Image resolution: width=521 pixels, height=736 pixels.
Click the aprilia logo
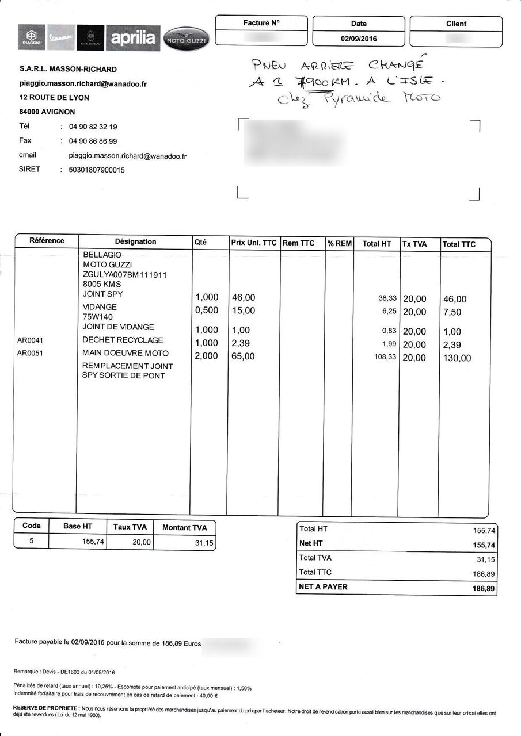coord(133,38)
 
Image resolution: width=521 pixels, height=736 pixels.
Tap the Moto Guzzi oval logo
coord(187,39)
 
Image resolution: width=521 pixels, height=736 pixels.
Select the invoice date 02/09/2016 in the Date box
coord(358,39)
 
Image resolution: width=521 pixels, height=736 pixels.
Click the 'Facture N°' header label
coord(261,23)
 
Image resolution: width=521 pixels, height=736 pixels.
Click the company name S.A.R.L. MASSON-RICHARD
coord(68,69)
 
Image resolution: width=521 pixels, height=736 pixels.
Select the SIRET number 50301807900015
coord(97,170)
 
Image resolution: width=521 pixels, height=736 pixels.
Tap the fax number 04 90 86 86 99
coord(93,141)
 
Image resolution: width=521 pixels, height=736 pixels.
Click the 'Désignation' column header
coord(135,242)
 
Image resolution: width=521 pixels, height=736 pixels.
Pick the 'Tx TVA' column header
coord(414,244)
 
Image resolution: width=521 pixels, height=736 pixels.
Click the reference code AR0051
coord(30,353)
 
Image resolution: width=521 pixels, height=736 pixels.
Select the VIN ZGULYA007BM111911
coord(125,274)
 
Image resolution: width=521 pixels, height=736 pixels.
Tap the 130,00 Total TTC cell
coord(457,358)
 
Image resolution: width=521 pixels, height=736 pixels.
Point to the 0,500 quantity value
coord(207,311)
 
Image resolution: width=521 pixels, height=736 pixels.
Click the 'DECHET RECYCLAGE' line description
coord(123,340)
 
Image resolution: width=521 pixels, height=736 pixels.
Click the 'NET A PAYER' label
coord(323,587)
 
